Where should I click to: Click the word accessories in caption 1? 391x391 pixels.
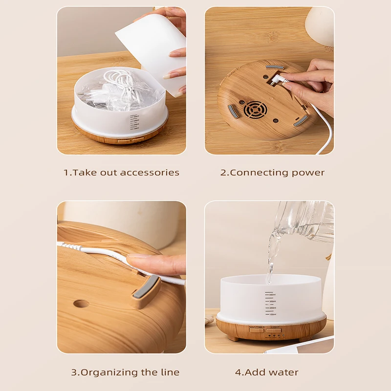pyautogui.click(x=150, y=173)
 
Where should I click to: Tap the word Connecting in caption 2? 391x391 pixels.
pyautogui.click(x=259, y=173)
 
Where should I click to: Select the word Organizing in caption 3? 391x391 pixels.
pyautogui.click(x=109, y=372)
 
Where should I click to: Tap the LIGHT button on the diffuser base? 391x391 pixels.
pyautogui.click(x=274, y=330)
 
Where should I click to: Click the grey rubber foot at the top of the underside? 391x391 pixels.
pyautogui.click(x=274, y=67)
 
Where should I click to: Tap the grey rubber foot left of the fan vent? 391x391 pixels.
pyautogui.click(x=234, y=111)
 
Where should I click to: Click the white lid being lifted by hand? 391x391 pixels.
pyautogui.click(x=151, y=49)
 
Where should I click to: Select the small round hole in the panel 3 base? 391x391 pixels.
pyautogui.click(x=81, y=304)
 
